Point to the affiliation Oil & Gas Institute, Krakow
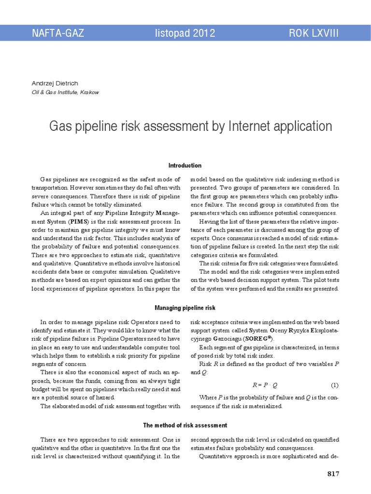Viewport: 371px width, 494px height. tap(65, 92)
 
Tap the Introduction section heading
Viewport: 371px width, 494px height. tap(185, 165)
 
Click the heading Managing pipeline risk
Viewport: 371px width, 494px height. tap(185, 307)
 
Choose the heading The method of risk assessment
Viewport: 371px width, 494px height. tap(185, 425)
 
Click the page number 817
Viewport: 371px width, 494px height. tap(333, 474)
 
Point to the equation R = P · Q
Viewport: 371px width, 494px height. tap(265, 385)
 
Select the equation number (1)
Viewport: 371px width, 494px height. tap(335, 385)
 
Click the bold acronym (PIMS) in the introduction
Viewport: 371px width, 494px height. tap(78, 221)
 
